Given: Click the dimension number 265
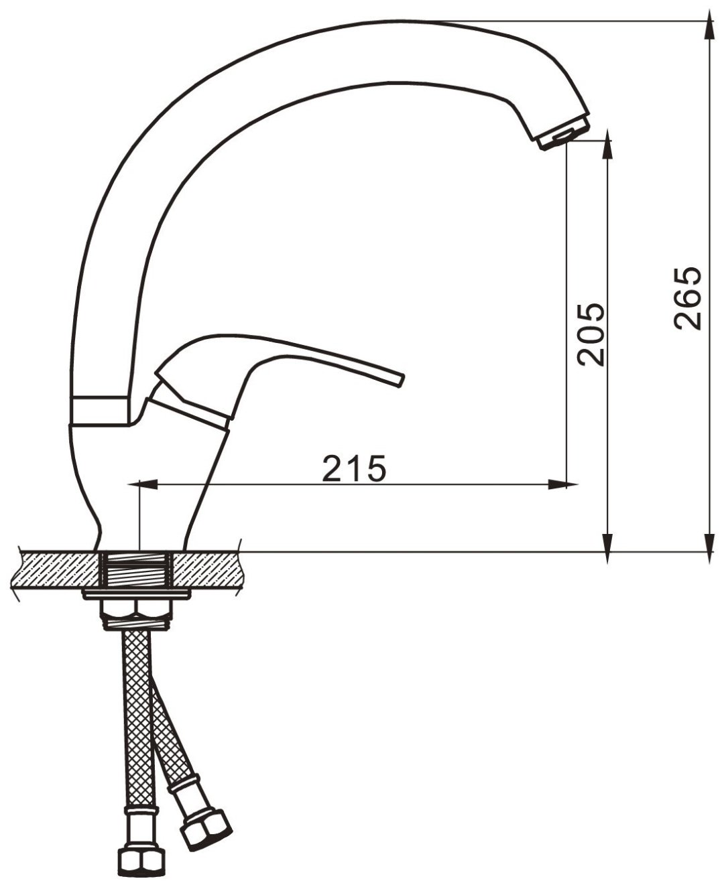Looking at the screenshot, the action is pyautogui.click(x=687, y=297).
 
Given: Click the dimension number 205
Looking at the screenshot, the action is pyautogui.click(x=591, y=334).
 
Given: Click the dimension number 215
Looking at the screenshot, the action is pyautogui.click(x=353, y=468).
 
